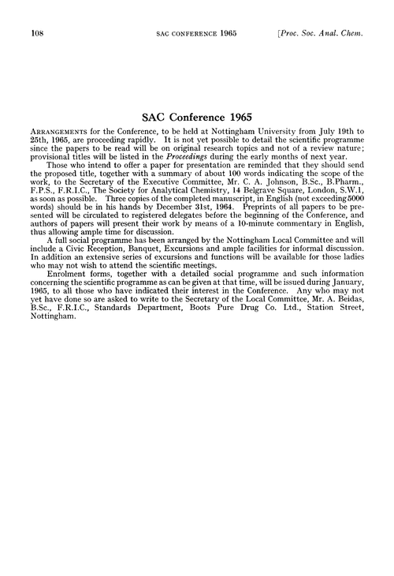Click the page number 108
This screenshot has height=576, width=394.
click(x=35, y=33)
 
